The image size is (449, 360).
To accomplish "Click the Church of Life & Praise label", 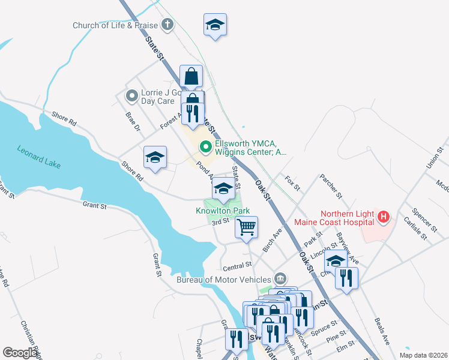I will [x=115, y=25].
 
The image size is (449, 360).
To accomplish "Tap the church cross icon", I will [x=167, y=25].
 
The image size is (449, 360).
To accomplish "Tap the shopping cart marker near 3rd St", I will [x=246, y=227].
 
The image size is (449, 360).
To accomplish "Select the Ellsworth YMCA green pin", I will [x=205, y=146].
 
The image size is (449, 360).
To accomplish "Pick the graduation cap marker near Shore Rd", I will [x=155, y=158].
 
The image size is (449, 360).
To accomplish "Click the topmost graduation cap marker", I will [x=215, y=25].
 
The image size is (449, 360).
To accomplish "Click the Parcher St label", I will [x=330, y=187].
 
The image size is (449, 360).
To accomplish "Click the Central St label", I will [x=237, y=265].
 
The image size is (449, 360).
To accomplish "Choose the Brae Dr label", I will [x=133, y=121].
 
